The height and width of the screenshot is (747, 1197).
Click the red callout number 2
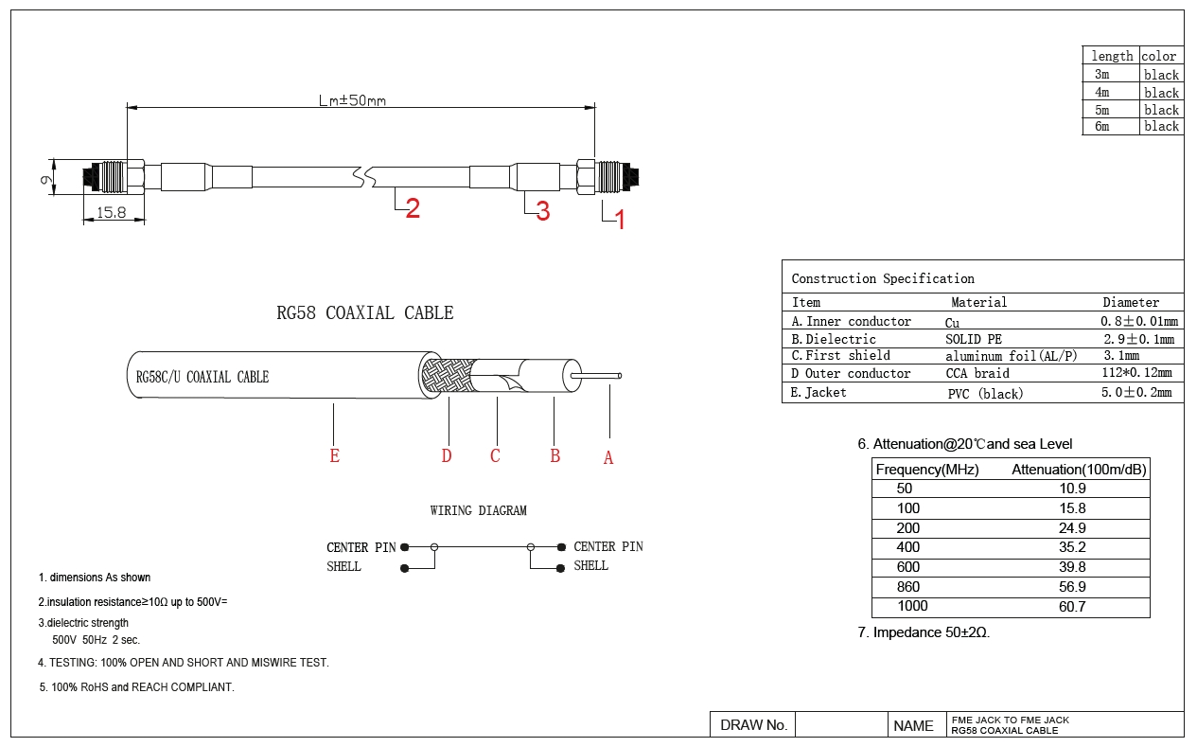coord(413,209)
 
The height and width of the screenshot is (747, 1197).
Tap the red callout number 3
coord(543,212)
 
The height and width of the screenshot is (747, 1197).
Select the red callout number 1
coord(621,221)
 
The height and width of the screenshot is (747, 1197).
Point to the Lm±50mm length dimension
coord(352,99)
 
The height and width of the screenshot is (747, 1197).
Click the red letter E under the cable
coord(334,456)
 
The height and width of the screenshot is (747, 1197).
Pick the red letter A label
coord(608,458)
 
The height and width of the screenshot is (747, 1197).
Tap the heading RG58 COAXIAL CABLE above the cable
coord(365,313)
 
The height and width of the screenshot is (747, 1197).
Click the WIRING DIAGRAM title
coord(478,511)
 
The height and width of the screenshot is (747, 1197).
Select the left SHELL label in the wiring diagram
coord(343,567)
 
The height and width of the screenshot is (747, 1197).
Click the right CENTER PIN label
coord(608,547)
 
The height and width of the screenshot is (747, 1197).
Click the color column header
coord(1158,57)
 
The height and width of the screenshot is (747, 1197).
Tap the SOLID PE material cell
coord(974,339)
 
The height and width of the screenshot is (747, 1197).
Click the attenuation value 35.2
coord(1073,547)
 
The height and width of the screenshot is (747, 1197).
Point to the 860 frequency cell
coord(908,587)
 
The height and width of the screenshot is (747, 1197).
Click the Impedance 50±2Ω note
coord(924,632)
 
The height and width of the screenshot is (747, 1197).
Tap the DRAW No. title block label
coord(753,725)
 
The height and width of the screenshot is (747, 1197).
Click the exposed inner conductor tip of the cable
coord(618,376)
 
